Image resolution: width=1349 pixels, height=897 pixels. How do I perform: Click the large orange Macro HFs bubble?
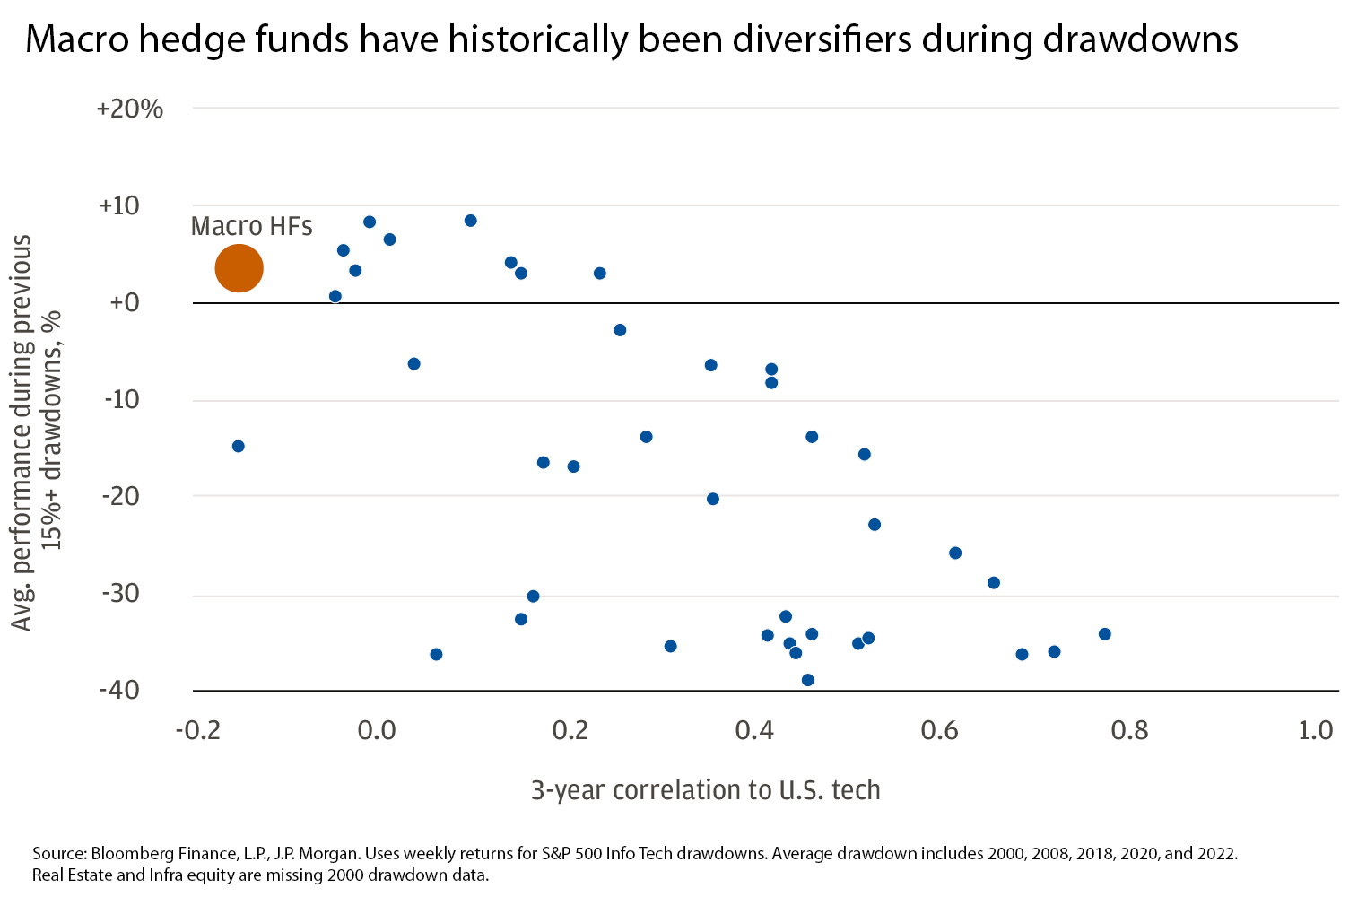click(239, 268)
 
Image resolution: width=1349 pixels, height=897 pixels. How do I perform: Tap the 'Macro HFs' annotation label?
click(252, 226)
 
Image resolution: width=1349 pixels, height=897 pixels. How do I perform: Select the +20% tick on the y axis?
click(130, 109)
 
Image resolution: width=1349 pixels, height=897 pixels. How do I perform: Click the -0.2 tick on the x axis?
click(197, 730)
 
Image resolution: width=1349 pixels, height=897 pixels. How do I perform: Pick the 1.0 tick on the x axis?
click(1316, 730)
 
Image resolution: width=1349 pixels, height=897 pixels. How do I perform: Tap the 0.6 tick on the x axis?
click(939, 730)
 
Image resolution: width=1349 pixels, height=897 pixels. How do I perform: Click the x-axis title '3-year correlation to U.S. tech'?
click(706, 790)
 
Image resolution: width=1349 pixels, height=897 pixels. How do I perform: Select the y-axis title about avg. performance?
click(36, 432)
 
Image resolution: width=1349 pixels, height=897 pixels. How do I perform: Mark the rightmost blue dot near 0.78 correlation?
click(1104, 634)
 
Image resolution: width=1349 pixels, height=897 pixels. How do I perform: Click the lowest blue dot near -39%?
click(807, 680)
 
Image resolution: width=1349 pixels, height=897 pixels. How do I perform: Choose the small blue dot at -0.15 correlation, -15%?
click(239, 446)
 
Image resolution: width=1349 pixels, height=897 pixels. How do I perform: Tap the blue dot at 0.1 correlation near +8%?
click(470, 221)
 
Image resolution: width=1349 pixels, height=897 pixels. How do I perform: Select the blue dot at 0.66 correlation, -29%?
click(993, 583)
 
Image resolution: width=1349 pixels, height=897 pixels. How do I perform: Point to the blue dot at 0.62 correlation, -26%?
click(955, 553)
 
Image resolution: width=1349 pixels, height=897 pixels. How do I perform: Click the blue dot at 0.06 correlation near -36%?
click(436, 654)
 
